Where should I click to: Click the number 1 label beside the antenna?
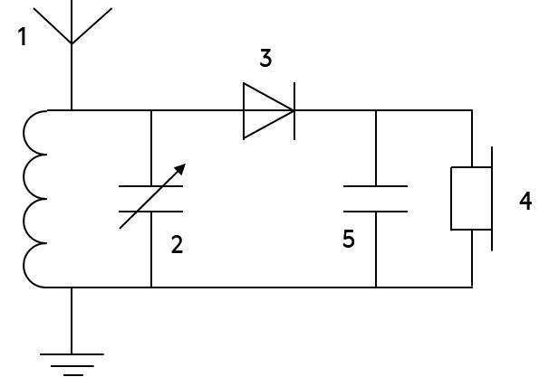(x=23, y=37)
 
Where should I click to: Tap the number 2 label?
(x=178, y=244)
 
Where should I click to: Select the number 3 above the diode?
(x=265, y=58)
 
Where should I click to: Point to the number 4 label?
(x=525, y=201)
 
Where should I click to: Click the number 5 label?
(x=349, y=239)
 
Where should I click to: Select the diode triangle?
(x=268, y=111)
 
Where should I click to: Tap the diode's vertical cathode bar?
(x=294, y=111)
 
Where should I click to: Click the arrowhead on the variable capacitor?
(x=180, y=169)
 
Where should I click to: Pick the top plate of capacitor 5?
(x=375, y=186)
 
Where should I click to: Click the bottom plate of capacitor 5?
(x=375, y=212)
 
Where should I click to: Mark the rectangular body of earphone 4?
(x=471, y=199)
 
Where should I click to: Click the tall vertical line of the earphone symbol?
(x=492, y=199)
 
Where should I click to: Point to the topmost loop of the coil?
(x=24, y=132)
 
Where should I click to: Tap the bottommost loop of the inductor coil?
(x=24, y=265)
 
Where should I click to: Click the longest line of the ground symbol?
(x=72, y=354)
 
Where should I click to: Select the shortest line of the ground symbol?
(x=73, y=375)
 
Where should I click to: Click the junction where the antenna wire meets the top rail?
(x=72, y=110)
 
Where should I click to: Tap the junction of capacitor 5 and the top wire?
(x=376, y=110)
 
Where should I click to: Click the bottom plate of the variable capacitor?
(x=151, y=212)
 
